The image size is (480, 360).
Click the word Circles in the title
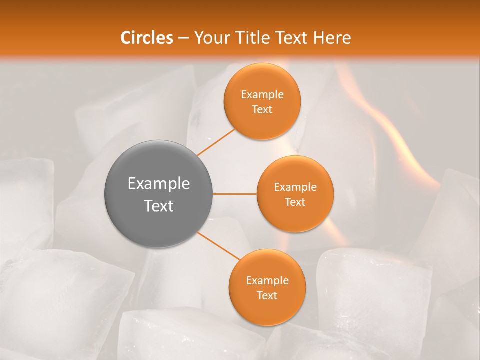(146, 38)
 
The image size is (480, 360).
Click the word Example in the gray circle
(159, 184)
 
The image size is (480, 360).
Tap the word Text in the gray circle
(159, 206)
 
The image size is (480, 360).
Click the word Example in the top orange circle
(262, 94)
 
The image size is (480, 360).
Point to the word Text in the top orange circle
(262, 109)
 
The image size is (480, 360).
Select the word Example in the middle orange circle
(295, 187)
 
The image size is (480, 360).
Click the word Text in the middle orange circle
(295, 202)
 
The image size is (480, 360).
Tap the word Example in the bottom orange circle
(267, 280)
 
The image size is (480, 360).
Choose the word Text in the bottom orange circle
(267, 295)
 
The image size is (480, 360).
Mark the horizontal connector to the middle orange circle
(235, 194)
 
